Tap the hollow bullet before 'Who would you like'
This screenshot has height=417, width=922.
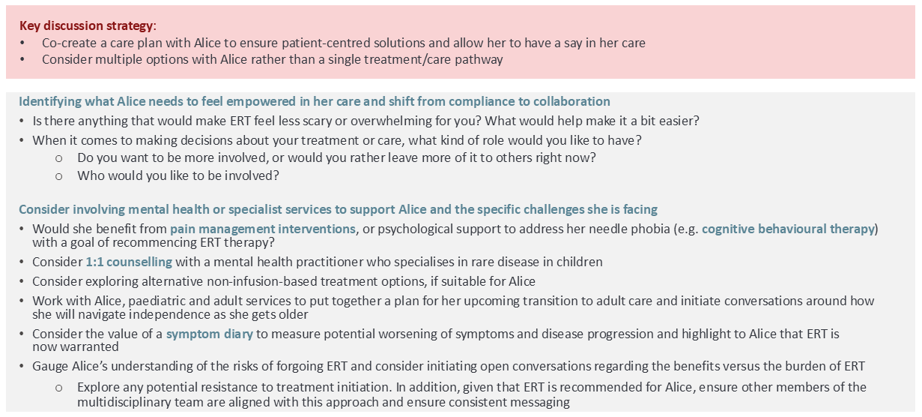click(x=59, y=177)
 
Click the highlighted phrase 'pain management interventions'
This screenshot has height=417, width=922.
click(x=263, y=229)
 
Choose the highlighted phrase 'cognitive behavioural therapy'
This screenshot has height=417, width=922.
click(x=788, y=229)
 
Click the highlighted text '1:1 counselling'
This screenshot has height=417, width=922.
click(x=129, y=262)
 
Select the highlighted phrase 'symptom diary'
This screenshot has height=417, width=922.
click(x=210, y=334)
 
